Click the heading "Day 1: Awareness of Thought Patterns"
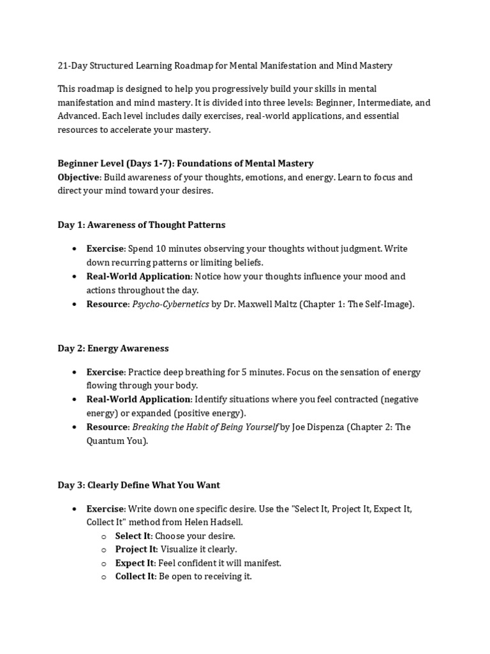coord(141,225)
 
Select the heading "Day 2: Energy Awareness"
coord(113,348)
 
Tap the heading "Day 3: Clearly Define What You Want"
coord(138,485)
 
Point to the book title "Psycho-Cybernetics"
coord(170,304)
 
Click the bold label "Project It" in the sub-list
coord(135,549)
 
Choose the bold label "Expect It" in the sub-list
coord(135,563)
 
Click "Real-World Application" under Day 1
coord(138,277)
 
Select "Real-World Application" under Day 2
coord(138,400)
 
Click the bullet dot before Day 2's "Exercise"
coord(75,372)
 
